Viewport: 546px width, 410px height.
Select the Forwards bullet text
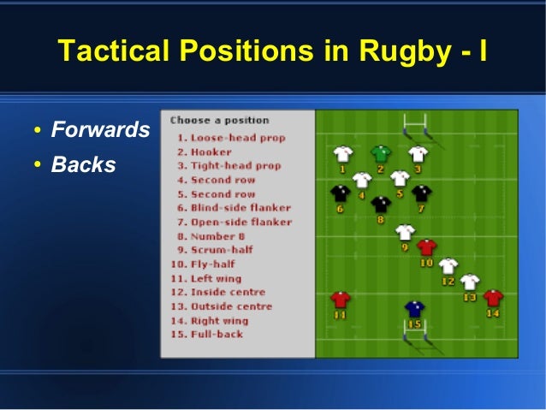pyautogui.click(x=100, y=131)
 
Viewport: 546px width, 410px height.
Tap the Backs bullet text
pyautogui.click(x=83, y=164)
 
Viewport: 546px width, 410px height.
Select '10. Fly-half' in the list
pyautogui.click(x=209, y=264)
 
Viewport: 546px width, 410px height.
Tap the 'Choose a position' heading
pyautogui.click(x=219, y=121)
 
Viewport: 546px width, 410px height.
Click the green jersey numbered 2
pyautogui.click(x=381, y=154)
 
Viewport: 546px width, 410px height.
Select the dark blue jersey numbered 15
pyautogui.click(x=415, y=309)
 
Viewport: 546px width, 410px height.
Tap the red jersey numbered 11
pyautogui.click(x=341, y=300)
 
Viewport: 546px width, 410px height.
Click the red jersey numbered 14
pyautogui.click(x=493, y=298)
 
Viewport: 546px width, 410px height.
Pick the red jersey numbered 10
pyautogui.click(x=427, y=247)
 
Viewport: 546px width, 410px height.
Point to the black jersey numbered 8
pyautogui.click(x=382, y=204)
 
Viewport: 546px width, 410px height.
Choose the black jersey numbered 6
pyautogui.click(x=340, y=193)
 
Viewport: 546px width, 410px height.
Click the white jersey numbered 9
pyautogui.click(x=405, y=232)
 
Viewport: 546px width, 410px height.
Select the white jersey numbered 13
pyautogui.click(x=470, y=282)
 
